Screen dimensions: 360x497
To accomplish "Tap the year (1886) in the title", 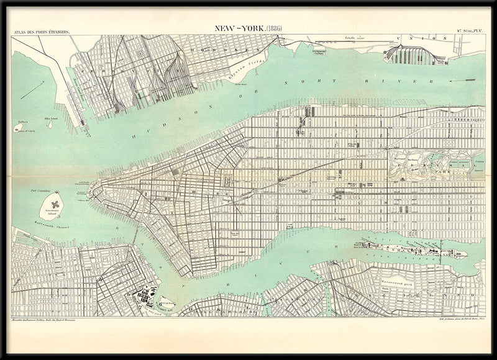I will (271, 28).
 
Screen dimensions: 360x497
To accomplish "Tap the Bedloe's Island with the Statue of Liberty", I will (16, 127).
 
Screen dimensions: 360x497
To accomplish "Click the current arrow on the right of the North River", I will (470, 79).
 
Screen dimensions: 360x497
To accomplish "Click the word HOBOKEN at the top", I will (224, 48).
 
